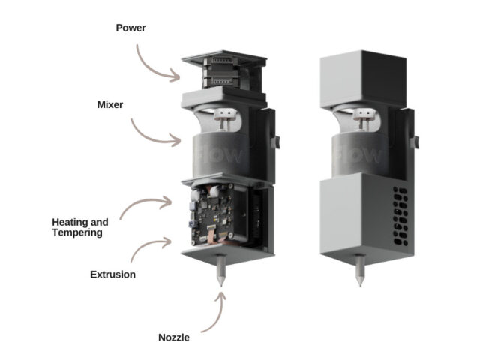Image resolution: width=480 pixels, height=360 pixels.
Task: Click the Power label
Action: point(130,28)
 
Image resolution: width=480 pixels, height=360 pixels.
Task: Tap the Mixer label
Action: point(110,105)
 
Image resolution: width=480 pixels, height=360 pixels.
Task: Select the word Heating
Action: point(68,222)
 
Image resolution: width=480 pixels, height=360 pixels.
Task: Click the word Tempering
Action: point(77,232)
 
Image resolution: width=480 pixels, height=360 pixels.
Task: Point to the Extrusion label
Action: point(113,274)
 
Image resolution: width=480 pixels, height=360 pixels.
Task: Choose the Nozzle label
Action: point(174,337)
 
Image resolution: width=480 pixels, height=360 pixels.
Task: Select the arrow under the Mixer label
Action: point(150,138)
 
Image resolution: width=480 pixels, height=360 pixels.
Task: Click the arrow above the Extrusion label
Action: point(147,242)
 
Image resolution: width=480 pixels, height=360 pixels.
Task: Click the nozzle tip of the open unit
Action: point(221,286)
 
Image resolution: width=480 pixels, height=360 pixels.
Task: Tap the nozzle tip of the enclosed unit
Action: point(360,286)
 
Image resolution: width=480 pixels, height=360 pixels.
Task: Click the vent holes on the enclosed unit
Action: point(400,216)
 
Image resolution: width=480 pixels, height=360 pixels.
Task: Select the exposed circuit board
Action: point(211,214)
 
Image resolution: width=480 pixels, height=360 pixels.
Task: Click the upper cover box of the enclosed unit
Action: point(363,79)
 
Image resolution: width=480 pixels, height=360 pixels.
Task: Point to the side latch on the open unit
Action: point(275,142)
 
